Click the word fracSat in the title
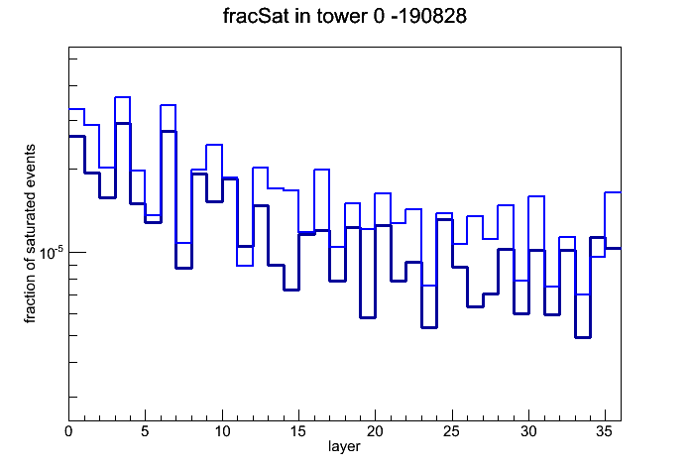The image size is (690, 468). tap(257, 16)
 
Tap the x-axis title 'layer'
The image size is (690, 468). tap(344, 447)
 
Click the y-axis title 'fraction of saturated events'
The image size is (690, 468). tap(30, 234)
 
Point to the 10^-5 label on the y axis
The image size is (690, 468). tap(51, 253)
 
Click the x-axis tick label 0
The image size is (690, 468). tap(68, 431)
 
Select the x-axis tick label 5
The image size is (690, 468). tap(145, 431)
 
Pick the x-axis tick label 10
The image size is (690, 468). tap(222, 431)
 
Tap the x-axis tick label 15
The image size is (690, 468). tap(298, 431)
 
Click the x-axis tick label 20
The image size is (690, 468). tap(375, 431)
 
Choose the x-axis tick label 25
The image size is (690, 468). tap(451, 431)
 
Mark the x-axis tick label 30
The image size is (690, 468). tap(528, 431)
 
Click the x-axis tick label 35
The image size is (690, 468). tap(605, 431)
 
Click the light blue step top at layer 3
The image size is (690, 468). tap(122, 97)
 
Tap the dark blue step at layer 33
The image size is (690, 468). tap(582, 337)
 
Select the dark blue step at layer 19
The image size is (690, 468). tap(368, 317)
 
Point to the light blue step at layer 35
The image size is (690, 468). tap(613, 192)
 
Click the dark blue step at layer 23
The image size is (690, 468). tap(429, 327)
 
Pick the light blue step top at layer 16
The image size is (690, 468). tap(321, 170)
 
